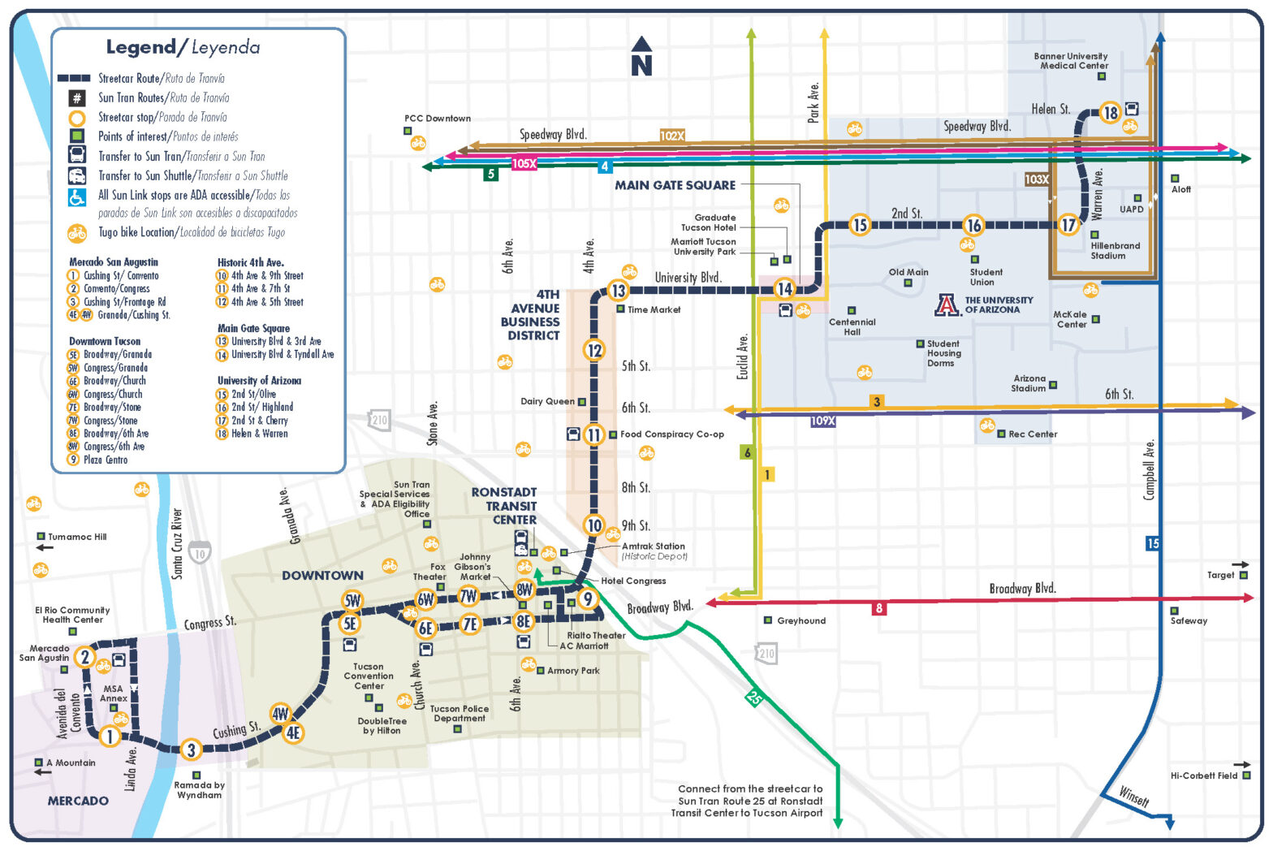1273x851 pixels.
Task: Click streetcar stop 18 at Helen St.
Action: pos(1110,113)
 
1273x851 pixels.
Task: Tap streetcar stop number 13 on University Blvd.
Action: pos(618,291)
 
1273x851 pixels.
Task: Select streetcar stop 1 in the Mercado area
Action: pos(109,737)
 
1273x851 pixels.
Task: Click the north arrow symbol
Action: pos(641,56)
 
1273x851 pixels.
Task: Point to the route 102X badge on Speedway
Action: pos(672,136)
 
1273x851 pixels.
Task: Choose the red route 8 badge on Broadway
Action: pos(878,608)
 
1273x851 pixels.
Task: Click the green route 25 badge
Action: pos(754,697)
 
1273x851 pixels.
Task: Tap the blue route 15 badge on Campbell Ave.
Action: pos(1153,543)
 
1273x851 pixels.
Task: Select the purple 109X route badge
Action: pos(822,421)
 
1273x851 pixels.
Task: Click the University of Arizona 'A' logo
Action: pos(947,305)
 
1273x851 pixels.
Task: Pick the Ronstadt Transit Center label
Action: pos(504,506)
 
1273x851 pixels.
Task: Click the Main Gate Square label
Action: pos(675,185)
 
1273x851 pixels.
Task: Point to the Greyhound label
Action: pos(800,620)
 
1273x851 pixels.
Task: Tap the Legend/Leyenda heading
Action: pos(183,47)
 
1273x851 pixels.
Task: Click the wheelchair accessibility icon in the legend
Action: pos(76,197)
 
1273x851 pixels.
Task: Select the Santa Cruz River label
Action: pos(177,543)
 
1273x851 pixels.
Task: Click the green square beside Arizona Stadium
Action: pos(1053,385)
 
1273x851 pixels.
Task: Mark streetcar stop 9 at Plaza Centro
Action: pos(587,599)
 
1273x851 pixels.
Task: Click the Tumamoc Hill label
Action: pos(77,537)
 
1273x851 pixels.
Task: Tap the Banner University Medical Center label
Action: pos(1071,61)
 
